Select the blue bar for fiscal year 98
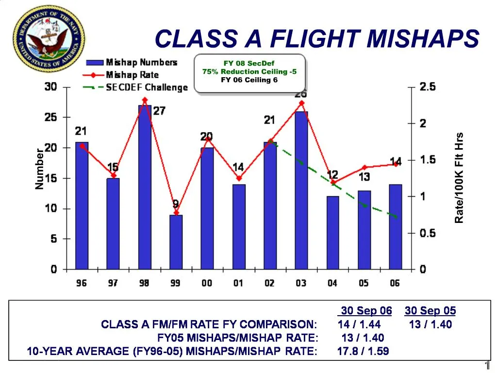(145, 187)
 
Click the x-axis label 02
(269, 283)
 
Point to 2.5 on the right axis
(428, 87)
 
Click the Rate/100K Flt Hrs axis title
(459, 178)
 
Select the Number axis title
(39, 169)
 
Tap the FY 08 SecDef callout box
(249, 72)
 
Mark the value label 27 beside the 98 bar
(159, 111)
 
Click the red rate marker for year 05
(364, 167)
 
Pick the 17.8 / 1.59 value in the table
(363, 351)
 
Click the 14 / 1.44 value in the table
(359, 324)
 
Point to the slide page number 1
(487, 366)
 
